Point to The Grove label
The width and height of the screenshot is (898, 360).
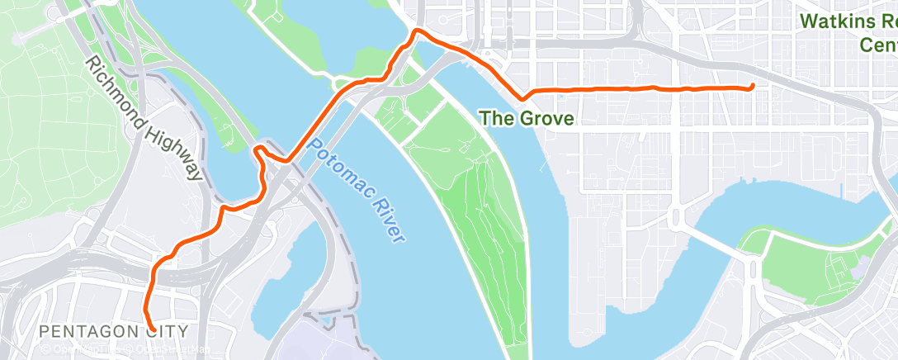[527, 118]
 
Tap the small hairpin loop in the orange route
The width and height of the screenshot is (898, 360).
[259, 149]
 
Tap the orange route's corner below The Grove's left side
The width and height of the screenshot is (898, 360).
[522, 97]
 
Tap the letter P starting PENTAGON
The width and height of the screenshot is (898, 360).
[45, 331]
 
